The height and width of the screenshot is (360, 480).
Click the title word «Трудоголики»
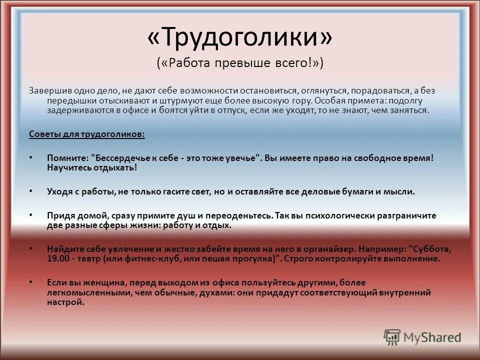[240, 37]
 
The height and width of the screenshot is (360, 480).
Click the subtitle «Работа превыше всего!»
[240, 63]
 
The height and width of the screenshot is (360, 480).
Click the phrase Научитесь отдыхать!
[91, 167]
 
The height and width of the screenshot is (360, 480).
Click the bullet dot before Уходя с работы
[31, 191]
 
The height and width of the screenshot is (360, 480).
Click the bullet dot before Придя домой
[31, 215]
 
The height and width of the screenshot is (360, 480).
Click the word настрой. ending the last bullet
[66, 302]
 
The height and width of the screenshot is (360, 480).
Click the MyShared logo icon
[392, 337]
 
